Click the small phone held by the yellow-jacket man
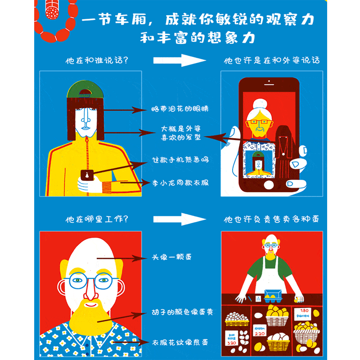pyautogui.click(x=86, y=175)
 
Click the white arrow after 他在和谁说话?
pyautogui.click(x=180, y=60)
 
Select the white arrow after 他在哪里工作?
pyautogui.click(x=180, y=219)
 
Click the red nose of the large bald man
pyautogui.click(x=91, y=292)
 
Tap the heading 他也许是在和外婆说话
pyautogui.click(x=272, y=60)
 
